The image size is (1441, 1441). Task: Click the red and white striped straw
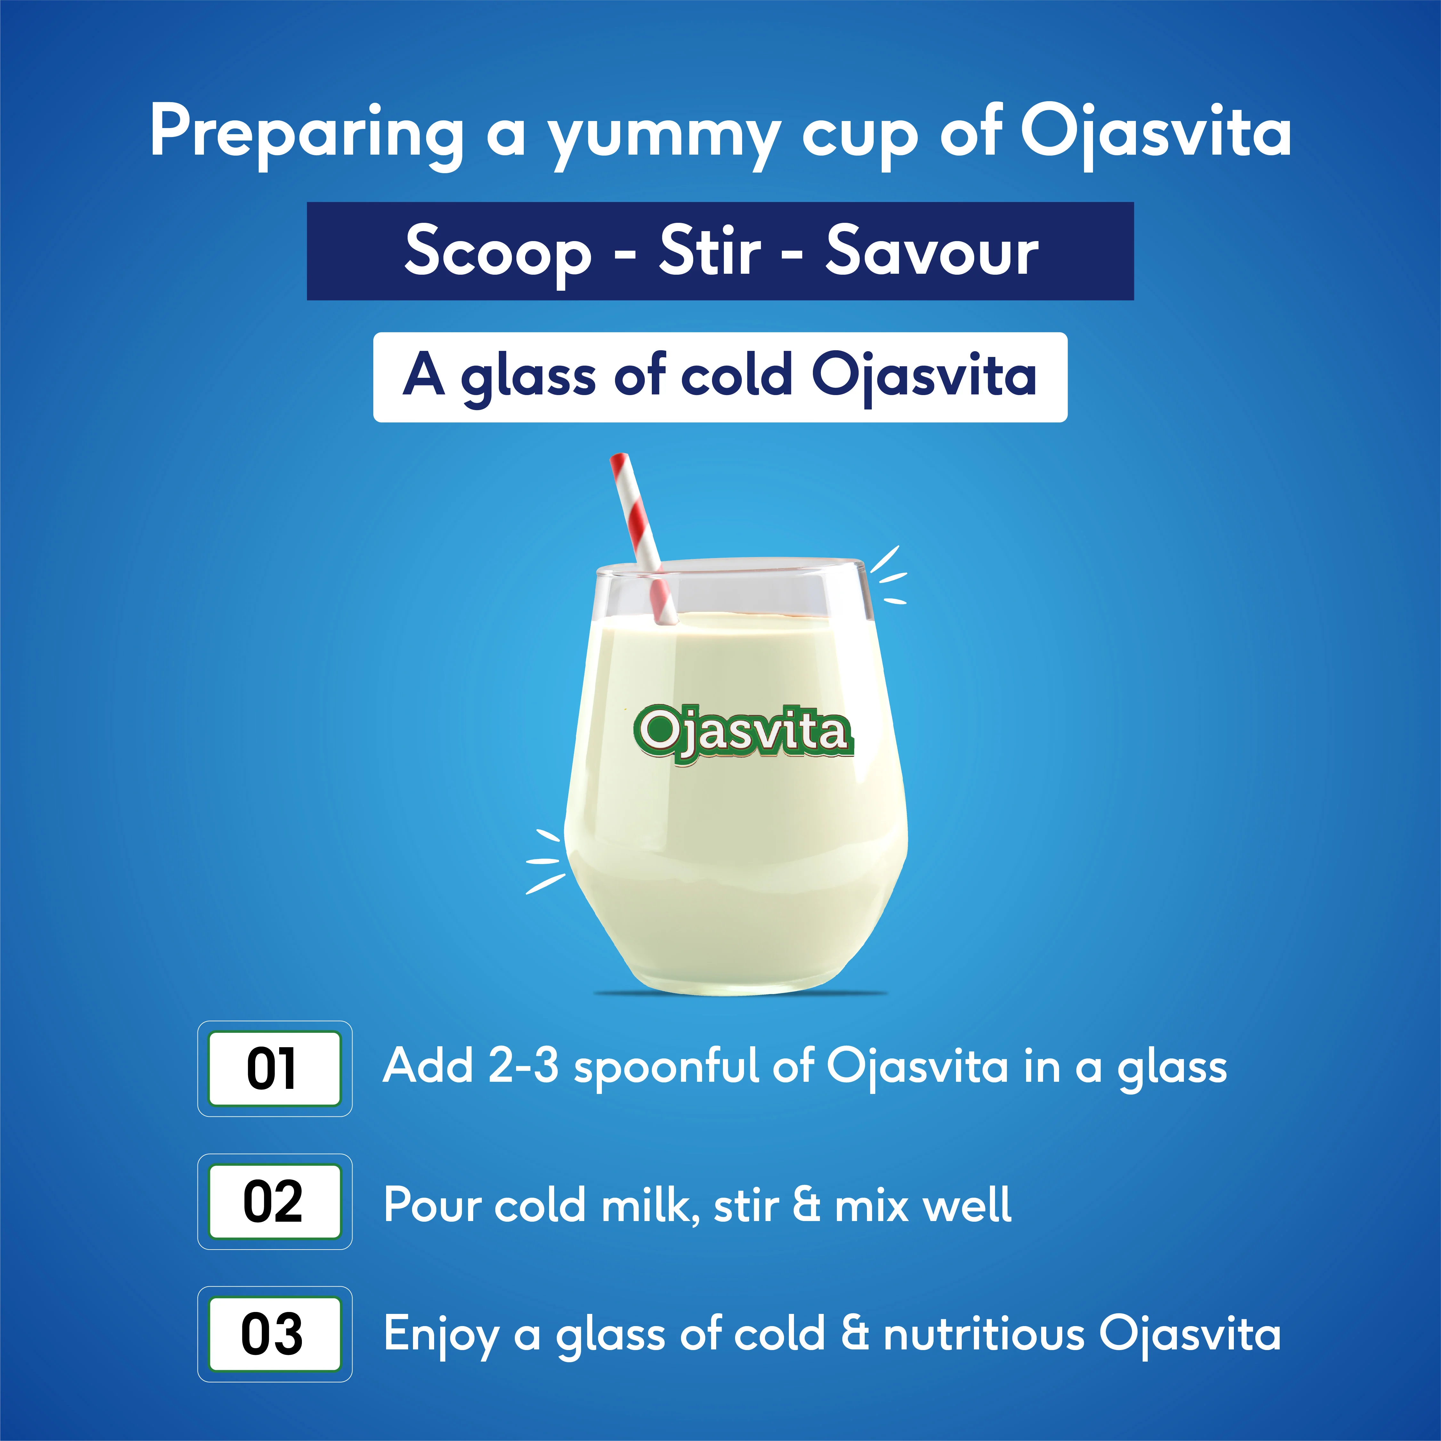[x=643, y=537]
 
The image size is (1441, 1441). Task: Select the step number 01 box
[x=274, y=1068]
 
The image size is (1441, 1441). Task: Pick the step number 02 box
[x=274, y=1201]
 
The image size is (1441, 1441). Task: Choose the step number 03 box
[x=274, y=1334]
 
